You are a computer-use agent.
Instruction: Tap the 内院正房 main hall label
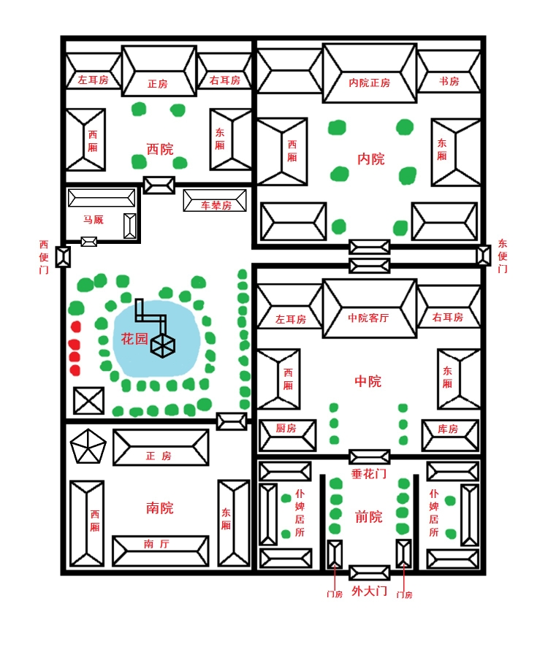pos(369,83)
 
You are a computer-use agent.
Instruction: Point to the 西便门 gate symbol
pos(64,256)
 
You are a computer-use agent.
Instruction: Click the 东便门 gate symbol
pos(483,255)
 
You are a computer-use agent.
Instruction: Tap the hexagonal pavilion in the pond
pos(162,345)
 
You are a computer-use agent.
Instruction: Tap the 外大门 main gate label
pos(369,591)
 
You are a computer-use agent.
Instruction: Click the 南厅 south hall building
pos(160,550)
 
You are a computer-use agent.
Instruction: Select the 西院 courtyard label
pos(159,150)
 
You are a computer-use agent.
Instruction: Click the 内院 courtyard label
pos(370,158)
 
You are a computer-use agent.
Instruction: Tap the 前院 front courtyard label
pos(368,517)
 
